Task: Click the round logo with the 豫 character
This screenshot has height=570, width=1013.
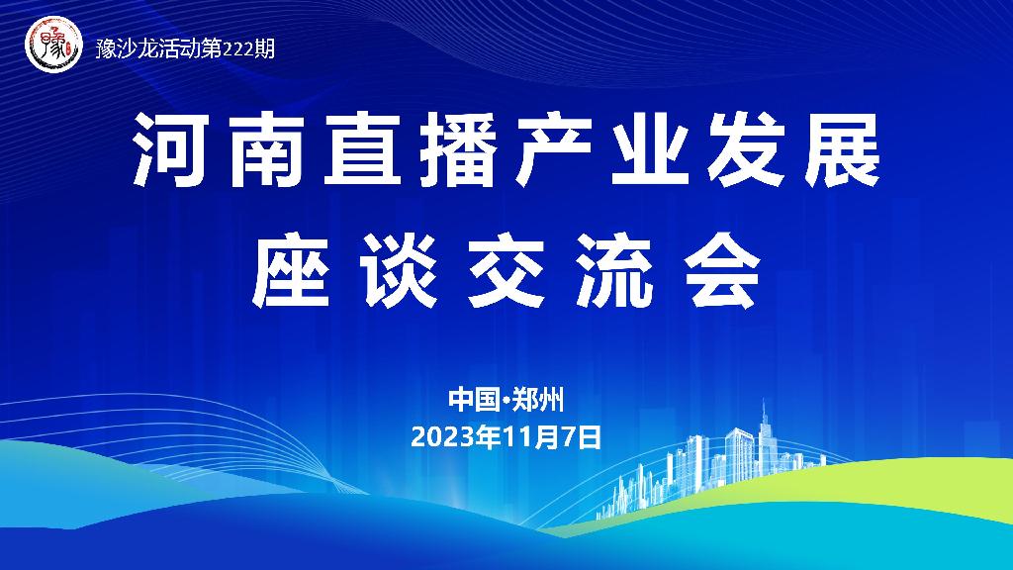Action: click(53, 45)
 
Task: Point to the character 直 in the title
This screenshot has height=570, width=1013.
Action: click(361, 150)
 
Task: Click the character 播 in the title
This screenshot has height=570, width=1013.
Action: click(458, 150)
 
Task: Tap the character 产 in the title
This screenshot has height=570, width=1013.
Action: click(554, 150)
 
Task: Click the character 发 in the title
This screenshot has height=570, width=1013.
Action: click(746, 150)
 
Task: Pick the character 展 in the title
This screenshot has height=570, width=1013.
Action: click(842, 150)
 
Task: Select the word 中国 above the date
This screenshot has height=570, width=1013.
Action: click(474, 400)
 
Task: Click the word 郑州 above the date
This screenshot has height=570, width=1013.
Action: click(538, 400)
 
